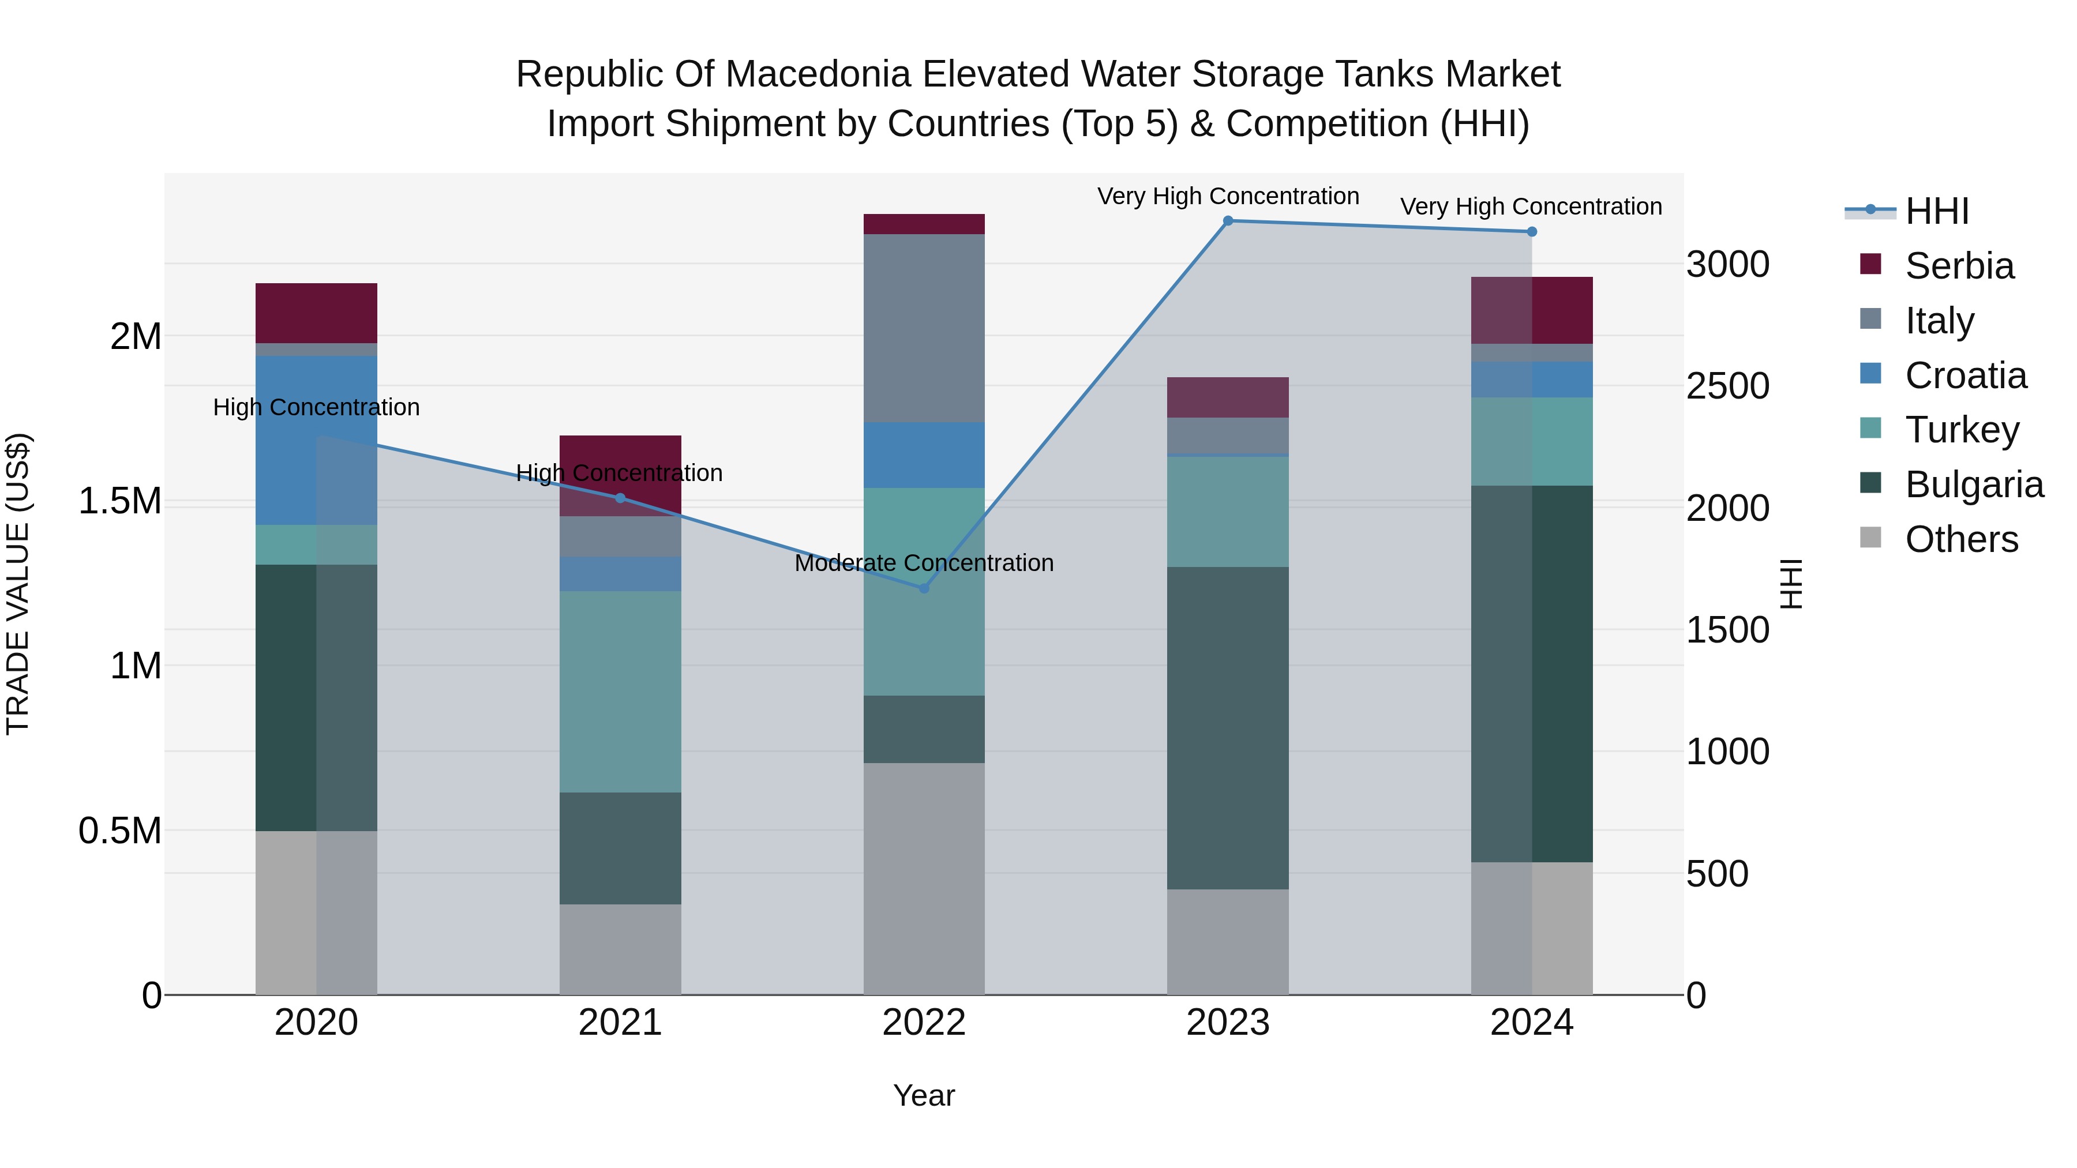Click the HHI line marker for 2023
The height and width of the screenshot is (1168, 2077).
1228,221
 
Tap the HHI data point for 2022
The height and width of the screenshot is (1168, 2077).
924,588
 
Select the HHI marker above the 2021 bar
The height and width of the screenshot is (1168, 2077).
620,498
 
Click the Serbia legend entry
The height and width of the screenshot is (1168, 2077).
1959,266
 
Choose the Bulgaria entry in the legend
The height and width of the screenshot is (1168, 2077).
1973,485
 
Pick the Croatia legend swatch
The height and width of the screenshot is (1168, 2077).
1870,374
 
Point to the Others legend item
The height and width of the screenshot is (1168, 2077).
1961,539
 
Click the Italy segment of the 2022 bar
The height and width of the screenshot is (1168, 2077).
924,328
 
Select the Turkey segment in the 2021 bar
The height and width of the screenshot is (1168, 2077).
620,692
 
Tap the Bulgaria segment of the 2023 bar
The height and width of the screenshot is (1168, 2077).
1228,728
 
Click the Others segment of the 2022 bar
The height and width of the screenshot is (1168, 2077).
924,878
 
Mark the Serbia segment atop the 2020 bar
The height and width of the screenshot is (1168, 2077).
316,313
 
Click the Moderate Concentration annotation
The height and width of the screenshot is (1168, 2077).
924,562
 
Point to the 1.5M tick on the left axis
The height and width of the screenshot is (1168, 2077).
119,501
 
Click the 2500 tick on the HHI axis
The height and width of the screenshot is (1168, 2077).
1727,386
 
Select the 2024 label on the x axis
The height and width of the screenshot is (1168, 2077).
1531,1023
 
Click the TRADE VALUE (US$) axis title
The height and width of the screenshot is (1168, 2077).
18,584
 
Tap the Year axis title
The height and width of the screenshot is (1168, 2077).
924,1095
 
